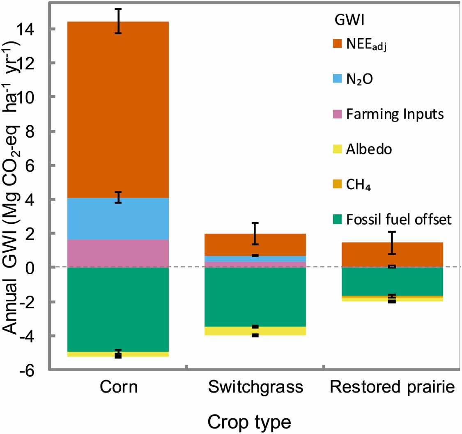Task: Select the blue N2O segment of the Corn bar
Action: tap(118, 218)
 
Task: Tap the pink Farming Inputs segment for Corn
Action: tap(118, 253)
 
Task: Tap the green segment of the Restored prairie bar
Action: tap(392, 281)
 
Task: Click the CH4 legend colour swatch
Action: tap(337, 185)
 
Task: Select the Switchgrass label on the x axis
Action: tap(256, 388)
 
